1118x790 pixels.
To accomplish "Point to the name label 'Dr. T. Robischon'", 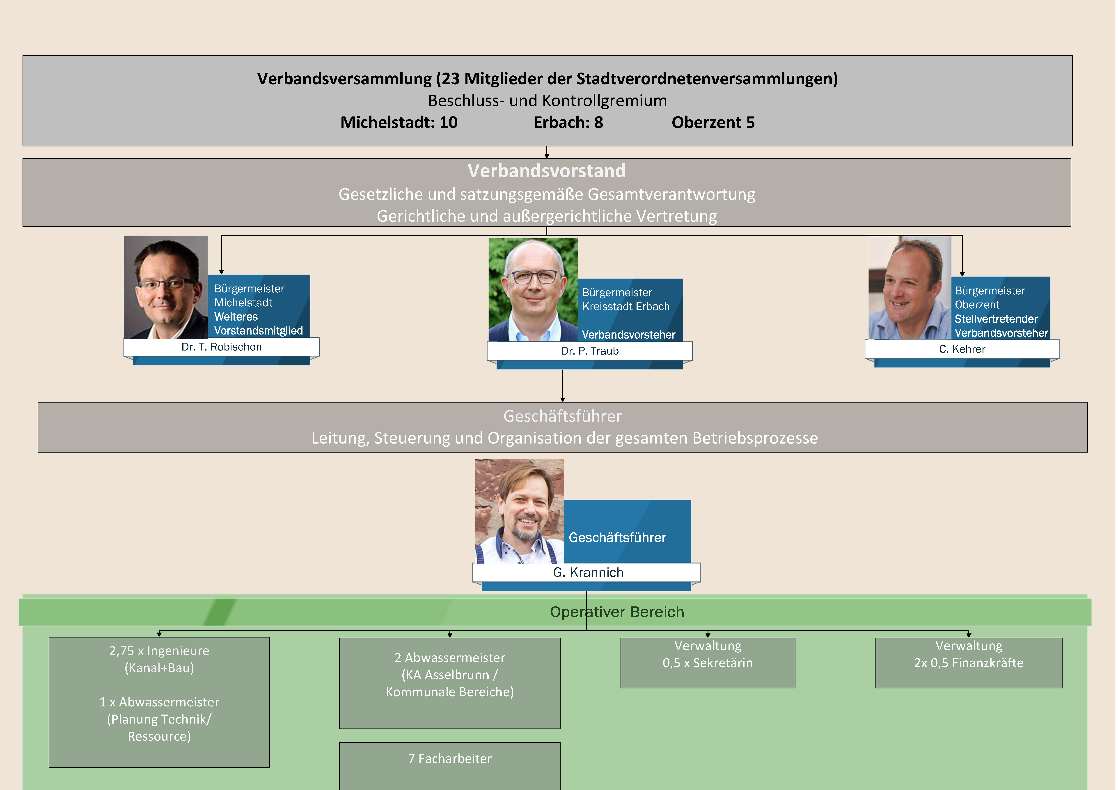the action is (222, 347).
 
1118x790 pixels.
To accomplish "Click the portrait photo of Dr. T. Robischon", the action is (166, 287).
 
